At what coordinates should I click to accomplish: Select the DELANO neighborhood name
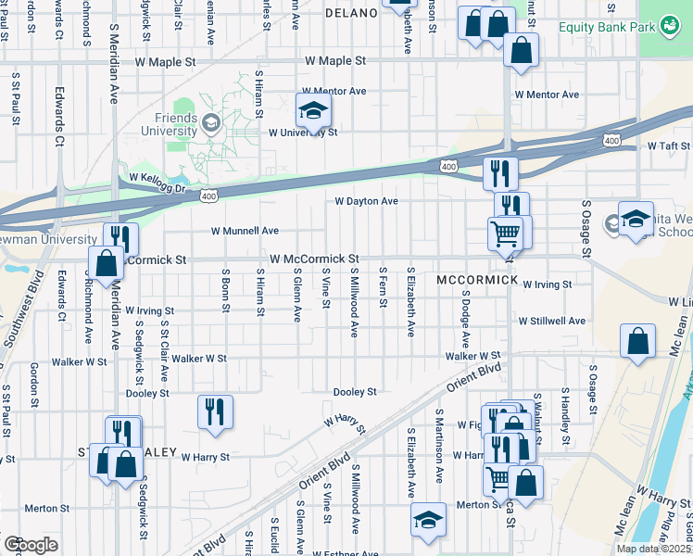[351, 13]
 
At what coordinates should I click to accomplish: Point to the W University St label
[302, 133]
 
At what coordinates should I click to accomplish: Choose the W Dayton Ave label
[366, 201]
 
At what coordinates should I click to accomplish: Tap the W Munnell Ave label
[245, 231]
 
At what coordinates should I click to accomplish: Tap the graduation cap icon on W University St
[314, 111]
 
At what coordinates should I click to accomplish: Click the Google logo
[31, 545]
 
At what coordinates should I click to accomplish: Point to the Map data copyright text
[653, 549]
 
